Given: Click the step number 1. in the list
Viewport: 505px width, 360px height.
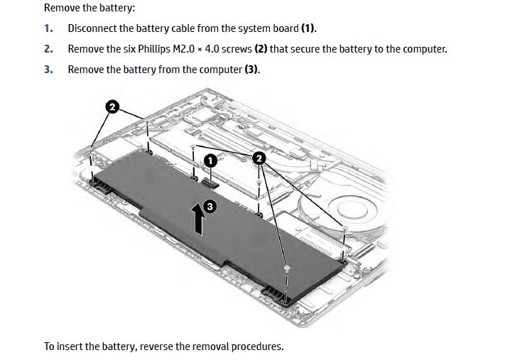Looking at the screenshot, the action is [48, 28].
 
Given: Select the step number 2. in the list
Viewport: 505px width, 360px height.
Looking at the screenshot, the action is [48, 49].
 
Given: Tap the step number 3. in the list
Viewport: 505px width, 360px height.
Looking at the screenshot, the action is [48, 70].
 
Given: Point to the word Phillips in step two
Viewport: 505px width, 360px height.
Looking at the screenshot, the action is [154, 49].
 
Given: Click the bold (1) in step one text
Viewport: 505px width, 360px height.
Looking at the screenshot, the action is [308, 28].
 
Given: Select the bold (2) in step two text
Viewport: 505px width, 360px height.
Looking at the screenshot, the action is [261, 49].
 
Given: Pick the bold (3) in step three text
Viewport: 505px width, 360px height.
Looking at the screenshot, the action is [251, 70].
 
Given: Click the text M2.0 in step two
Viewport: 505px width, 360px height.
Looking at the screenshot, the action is [184, 49].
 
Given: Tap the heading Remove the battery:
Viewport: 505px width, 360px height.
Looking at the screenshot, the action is [89, 7].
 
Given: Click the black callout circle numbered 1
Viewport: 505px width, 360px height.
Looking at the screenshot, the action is [210, 160].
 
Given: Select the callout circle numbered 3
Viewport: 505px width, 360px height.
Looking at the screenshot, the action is [210, 206].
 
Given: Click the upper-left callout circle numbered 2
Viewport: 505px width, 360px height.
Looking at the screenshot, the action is [112, 107].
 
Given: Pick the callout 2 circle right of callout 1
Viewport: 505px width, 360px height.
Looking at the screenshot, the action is [259, 158].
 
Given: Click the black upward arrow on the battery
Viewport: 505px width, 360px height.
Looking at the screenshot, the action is [198, 219].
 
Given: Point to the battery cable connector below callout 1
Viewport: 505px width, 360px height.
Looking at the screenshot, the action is [211, 184].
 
